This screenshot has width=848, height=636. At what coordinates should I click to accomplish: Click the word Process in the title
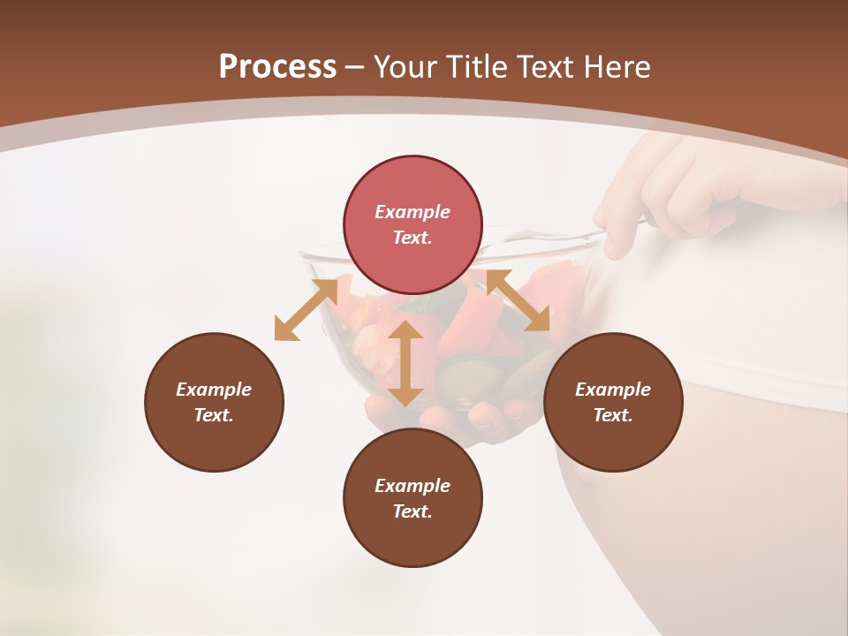277,67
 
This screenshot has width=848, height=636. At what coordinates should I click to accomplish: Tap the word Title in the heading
480,67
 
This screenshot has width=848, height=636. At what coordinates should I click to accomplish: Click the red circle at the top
413,224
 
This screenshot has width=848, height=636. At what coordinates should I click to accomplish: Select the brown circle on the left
214,402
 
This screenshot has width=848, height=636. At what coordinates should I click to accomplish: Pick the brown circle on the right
613,402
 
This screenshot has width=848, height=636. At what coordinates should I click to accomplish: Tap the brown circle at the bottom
413,497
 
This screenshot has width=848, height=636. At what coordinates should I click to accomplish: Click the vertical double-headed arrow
405,363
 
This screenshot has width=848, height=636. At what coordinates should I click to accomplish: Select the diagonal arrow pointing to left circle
306,309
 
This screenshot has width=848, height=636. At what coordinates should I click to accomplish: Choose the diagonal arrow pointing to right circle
518,300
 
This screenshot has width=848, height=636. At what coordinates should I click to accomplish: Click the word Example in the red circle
413,212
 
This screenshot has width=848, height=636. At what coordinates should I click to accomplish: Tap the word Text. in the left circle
214,415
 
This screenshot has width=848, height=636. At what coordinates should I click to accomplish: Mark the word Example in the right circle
613,390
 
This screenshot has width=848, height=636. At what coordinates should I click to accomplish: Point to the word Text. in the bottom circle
413,511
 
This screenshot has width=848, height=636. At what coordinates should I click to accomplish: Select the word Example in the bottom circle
413,486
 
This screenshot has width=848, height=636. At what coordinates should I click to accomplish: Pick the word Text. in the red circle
413,238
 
